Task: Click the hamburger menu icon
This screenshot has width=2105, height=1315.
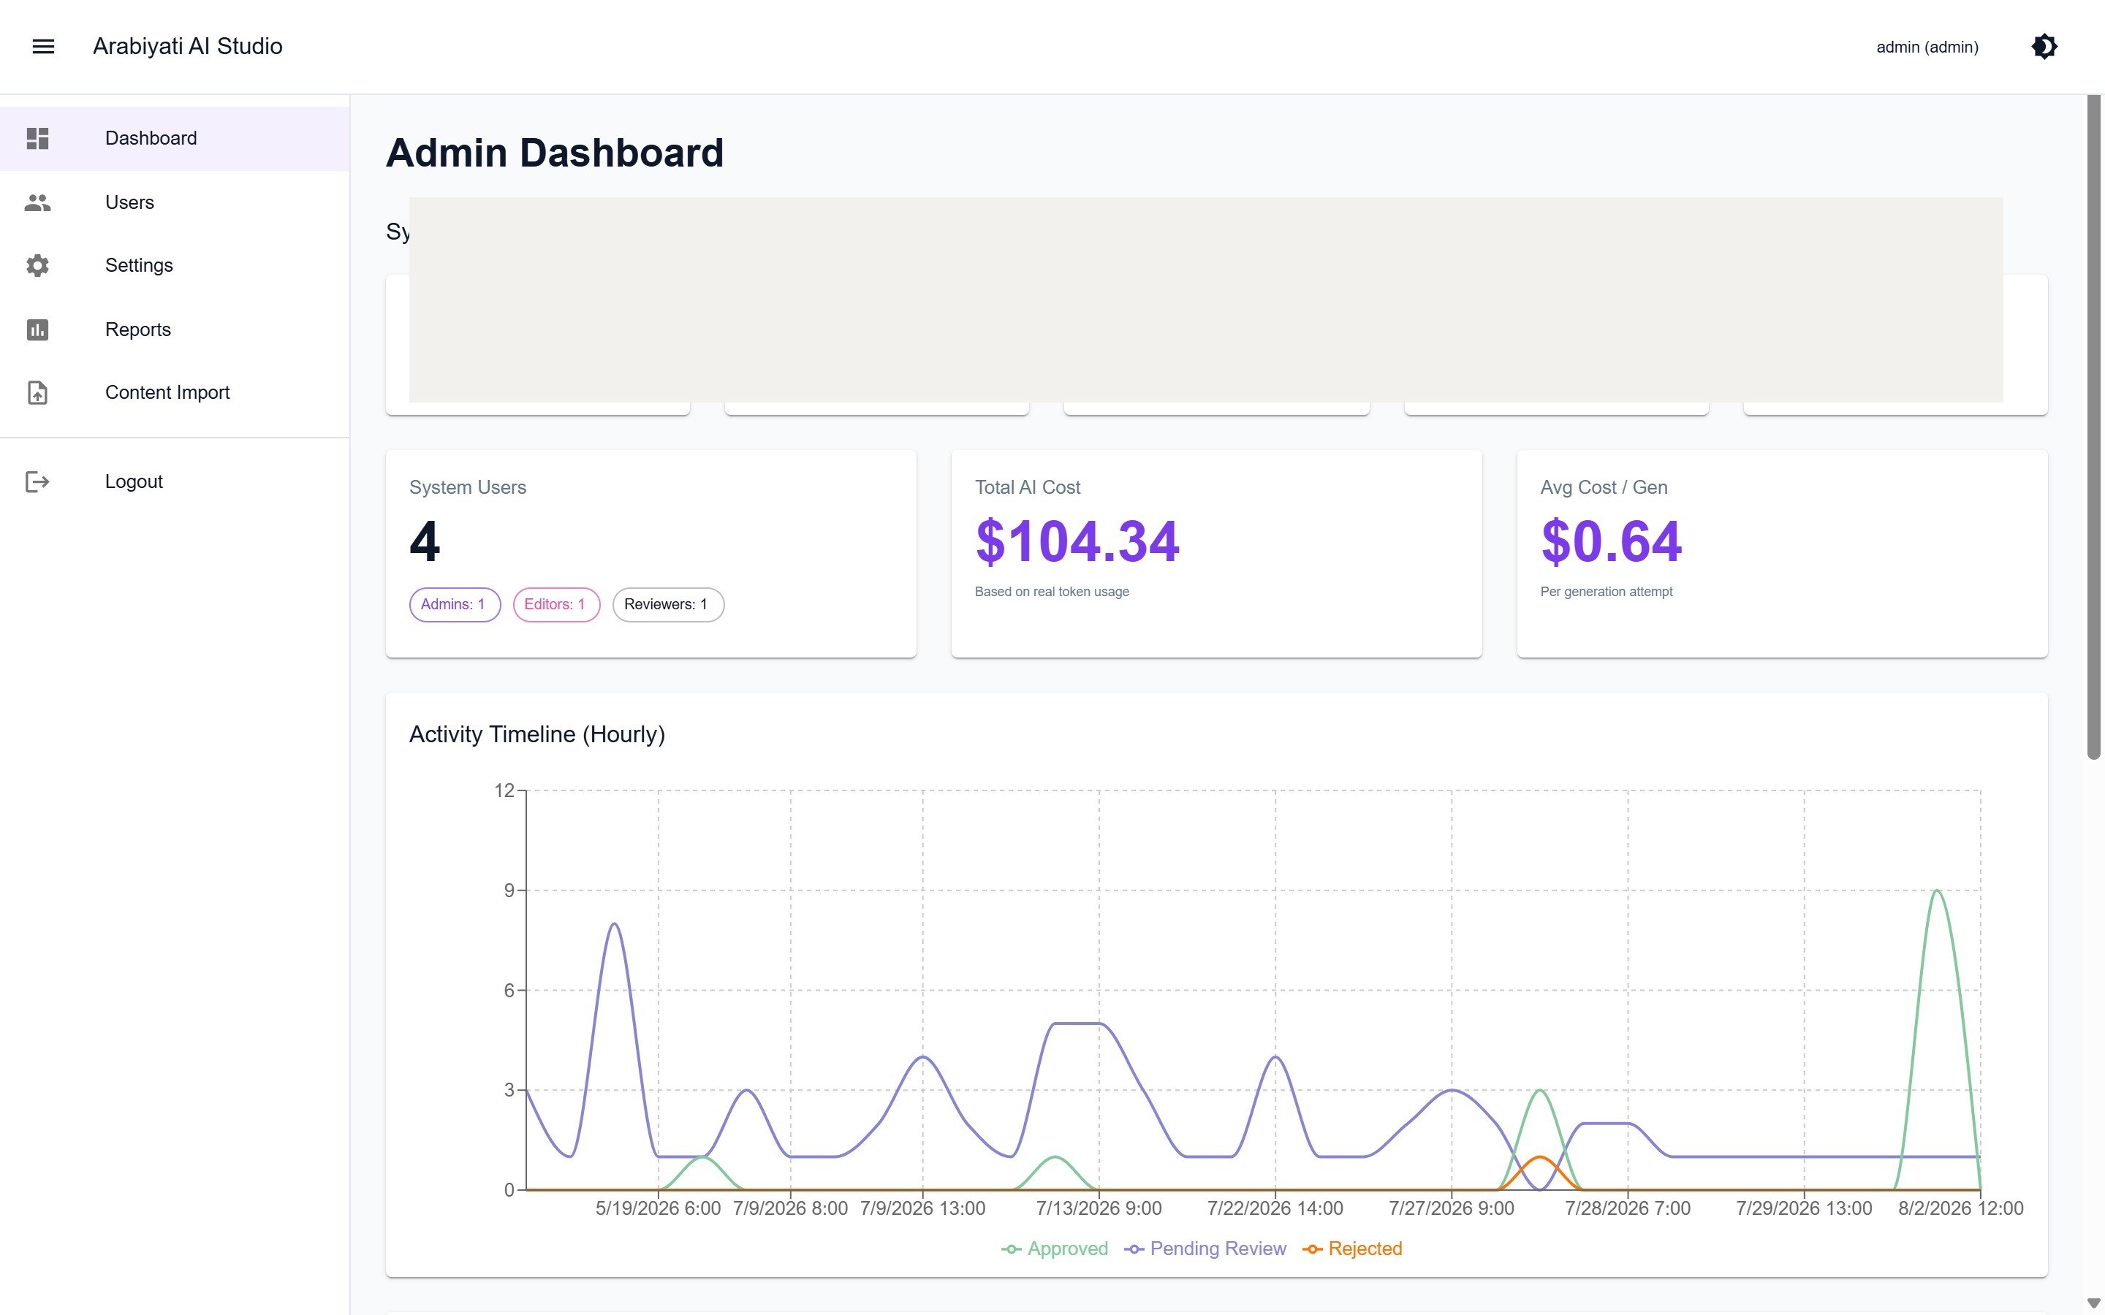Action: (44, 46)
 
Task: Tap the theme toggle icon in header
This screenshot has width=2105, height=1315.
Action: (2044, 46)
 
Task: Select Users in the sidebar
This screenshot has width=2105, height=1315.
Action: (129, 202)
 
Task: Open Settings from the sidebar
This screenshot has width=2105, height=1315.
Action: (139, 265)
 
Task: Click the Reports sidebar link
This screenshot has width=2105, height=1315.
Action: (138, 329)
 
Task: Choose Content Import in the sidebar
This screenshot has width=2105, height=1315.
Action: (167, 392)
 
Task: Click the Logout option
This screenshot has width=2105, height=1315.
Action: (134, 482)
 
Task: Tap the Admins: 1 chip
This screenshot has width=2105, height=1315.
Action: (455, 604)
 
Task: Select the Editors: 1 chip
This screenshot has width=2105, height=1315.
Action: (555, 604)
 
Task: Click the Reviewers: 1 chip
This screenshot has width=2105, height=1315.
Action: (668, 604)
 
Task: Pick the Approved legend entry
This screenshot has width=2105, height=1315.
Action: (1054, 1249)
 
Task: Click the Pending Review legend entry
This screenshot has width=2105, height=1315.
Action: (1205, 1249)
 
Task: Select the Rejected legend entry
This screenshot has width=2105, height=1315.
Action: (1353, 1249)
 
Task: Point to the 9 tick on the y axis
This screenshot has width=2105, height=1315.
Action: (509, 891)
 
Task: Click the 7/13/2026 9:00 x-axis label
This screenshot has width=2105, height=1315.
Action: (1099, 1209)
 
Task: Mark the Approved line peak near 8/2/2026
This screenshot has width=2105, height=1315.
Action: (1937, 891)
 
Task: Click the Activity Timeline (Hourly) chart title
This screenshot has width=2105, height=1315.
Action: (536, 735)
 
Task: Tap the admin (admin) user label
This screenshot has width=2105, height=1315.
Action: (1927, 47)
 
